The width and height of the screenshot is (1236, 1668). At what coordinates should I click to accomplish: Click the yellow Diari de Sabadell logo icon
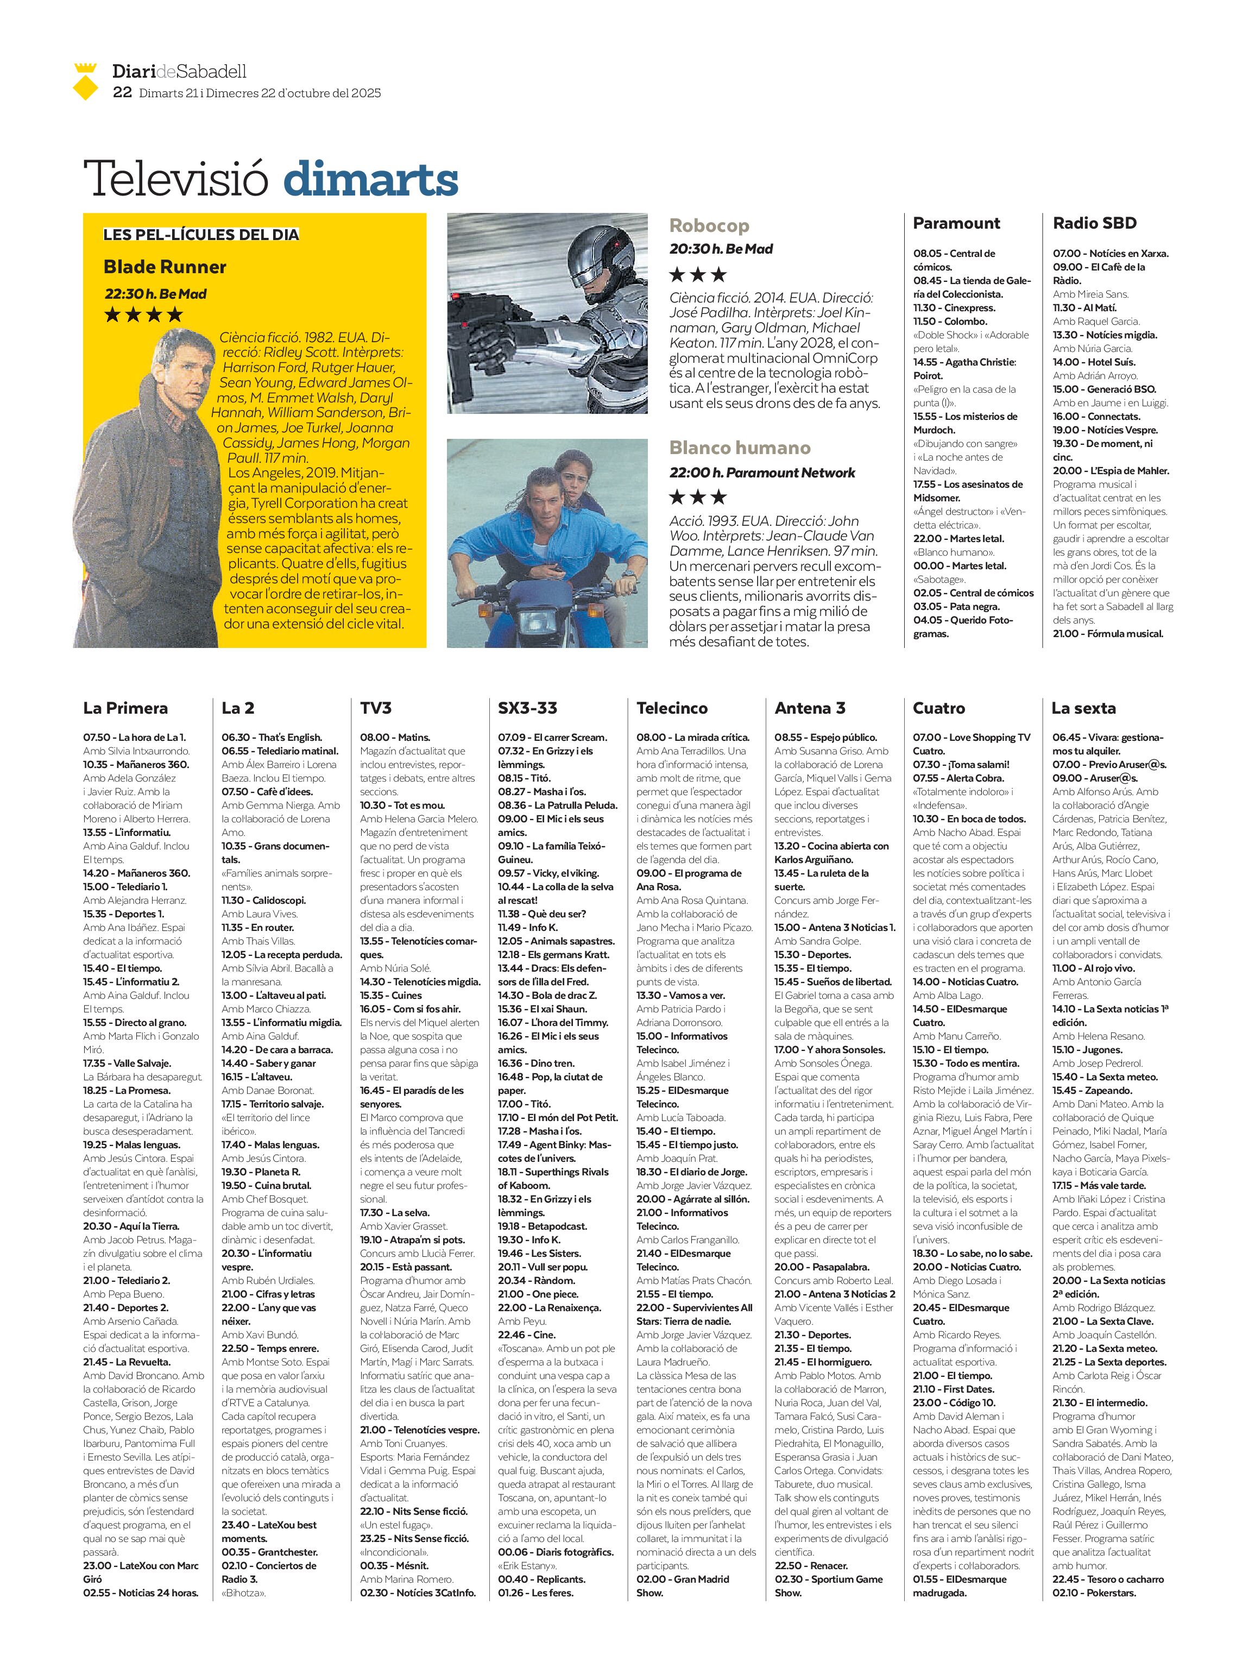pos(86,81)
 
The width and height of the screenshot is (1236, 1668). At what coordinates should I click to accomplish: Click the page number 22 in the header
pos(122,93)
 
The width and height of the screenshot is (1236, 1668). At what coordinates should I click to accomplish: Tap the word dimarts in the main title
pos(370,180)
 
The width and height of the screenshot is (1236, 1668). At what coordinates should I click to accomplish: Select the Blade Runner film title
pos(165,267)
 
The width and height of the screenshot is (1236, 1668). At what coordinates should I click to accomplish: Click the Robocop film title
pos(709,225)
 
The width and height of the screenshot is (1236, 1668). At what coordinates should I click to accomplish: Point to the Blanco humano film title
pos(739,448)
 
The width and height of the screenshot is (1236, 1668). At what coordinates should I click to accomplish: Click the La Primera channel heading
pos(125,708)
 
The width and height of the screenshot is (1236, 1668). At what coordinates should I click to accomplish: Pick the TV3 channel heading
pos(376,708)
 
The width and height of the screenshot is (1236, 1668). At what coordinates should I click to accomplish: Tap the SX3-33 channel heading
pos(527,708)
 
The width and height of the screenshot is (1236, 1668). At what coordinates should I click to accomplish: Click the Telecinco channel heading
pos(672,708)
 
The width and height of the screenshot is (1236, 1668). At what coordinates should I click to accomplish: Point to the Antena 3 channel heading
pos(810,708)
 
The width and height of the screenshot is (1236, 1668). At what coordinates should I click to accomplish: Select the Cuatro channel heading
pos(938,708)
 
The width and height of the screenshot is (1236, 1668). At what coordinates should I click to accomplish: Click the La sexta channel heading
pos(1083,708)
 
